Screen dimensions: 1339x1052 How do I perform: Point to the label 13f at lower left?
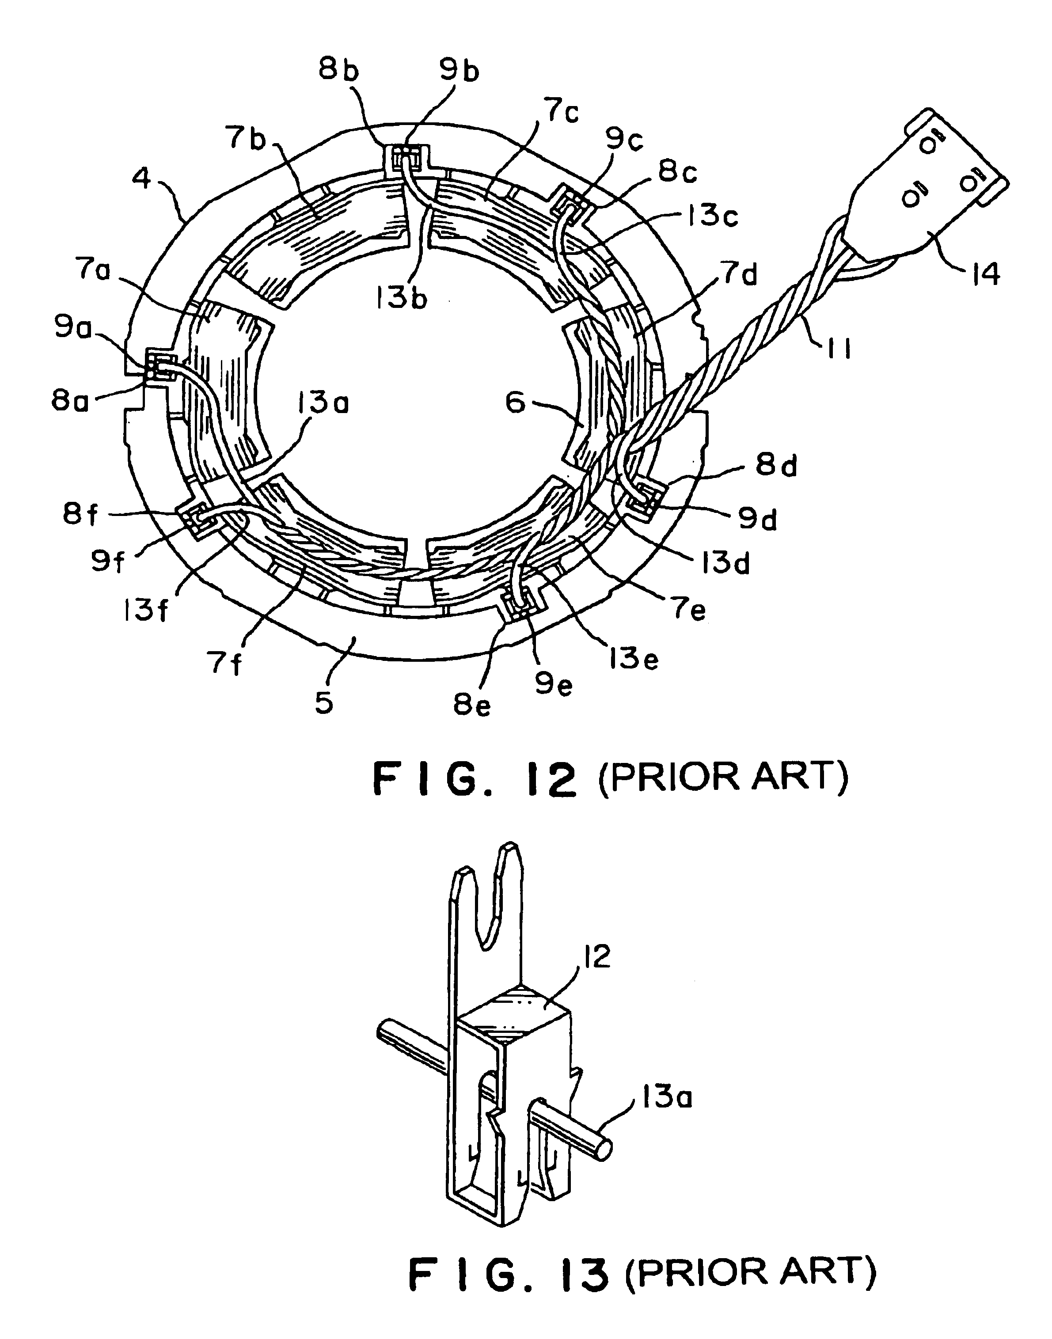tap(146, 611)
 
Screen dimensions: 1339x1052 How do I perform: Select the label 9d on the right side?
tap(758, 520)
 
